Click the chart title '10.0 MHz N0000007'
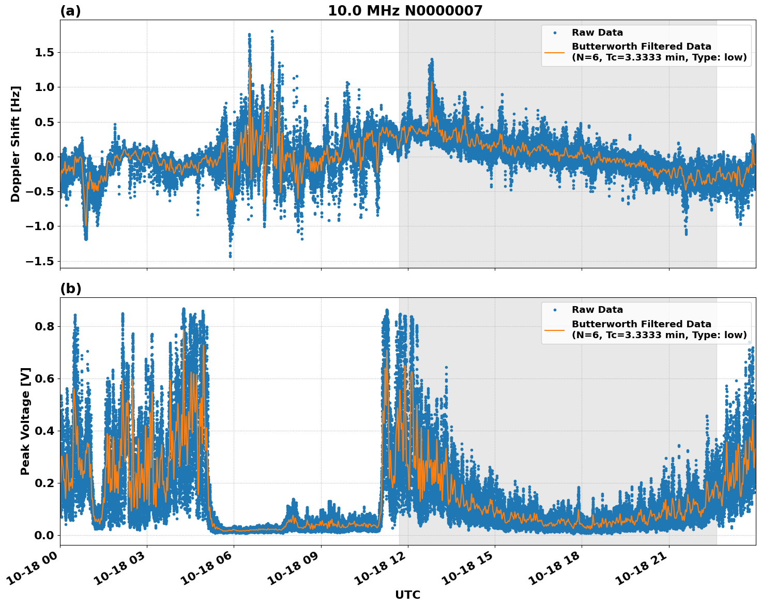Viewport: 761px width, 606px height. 405,11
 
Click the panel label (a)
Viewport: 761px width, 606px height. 70,11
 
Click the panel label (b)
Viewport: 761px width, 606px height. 71,289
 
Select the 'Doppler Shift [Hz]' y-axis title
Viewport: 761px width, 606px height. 16,144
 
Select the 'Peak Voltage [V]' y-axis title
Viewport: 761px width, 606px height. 25,421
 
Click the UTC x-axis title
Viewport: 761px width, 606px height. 407,595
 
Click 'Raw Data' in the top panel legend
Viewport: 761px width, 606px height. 597,33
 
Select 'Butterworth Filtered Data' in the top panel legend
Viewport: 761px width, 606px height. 641,47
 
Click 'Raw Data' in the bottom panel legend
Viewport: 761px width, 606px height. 597,310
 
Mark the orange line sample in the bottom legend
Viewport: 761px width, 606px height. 555,329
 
